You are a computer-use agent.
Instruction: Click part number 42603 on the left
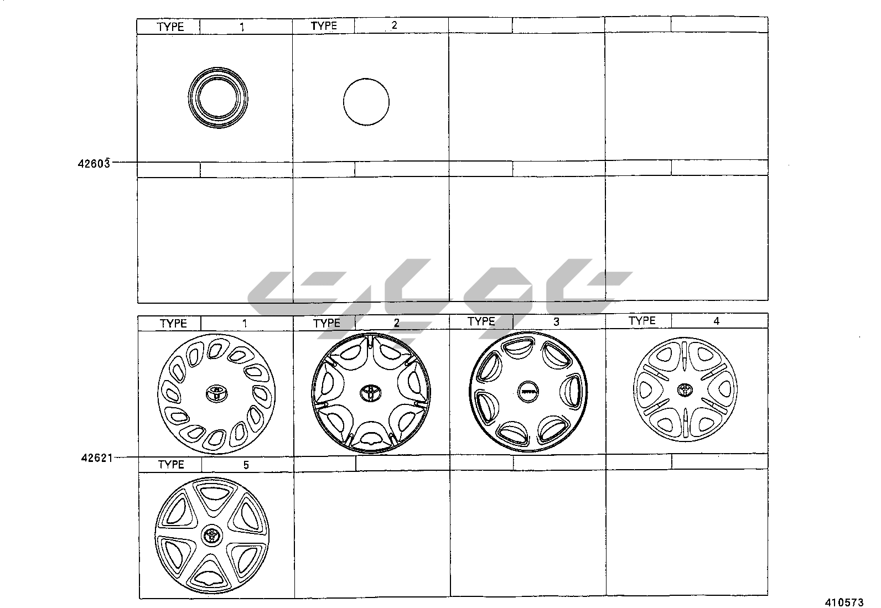(x=94, y=164)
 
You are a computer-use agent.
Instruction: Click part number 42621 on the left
(x=97, y=458)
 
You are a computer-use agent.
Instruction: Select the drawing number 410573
(x=844, y=602)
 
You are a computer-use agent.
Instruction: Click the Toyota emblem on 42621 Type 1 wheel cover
(x=217, y=393)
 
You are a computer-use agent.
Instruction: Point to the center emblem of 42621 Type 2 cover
(x=370, y=393)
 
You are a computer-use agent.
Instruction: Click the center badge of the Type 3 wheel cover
(x=527, y=392)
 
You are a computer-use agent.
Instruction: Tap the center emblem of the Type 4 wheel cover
(x=685, y=389)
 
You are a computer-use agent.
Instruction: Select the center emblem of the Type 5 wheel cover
(x=212, y=535)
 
